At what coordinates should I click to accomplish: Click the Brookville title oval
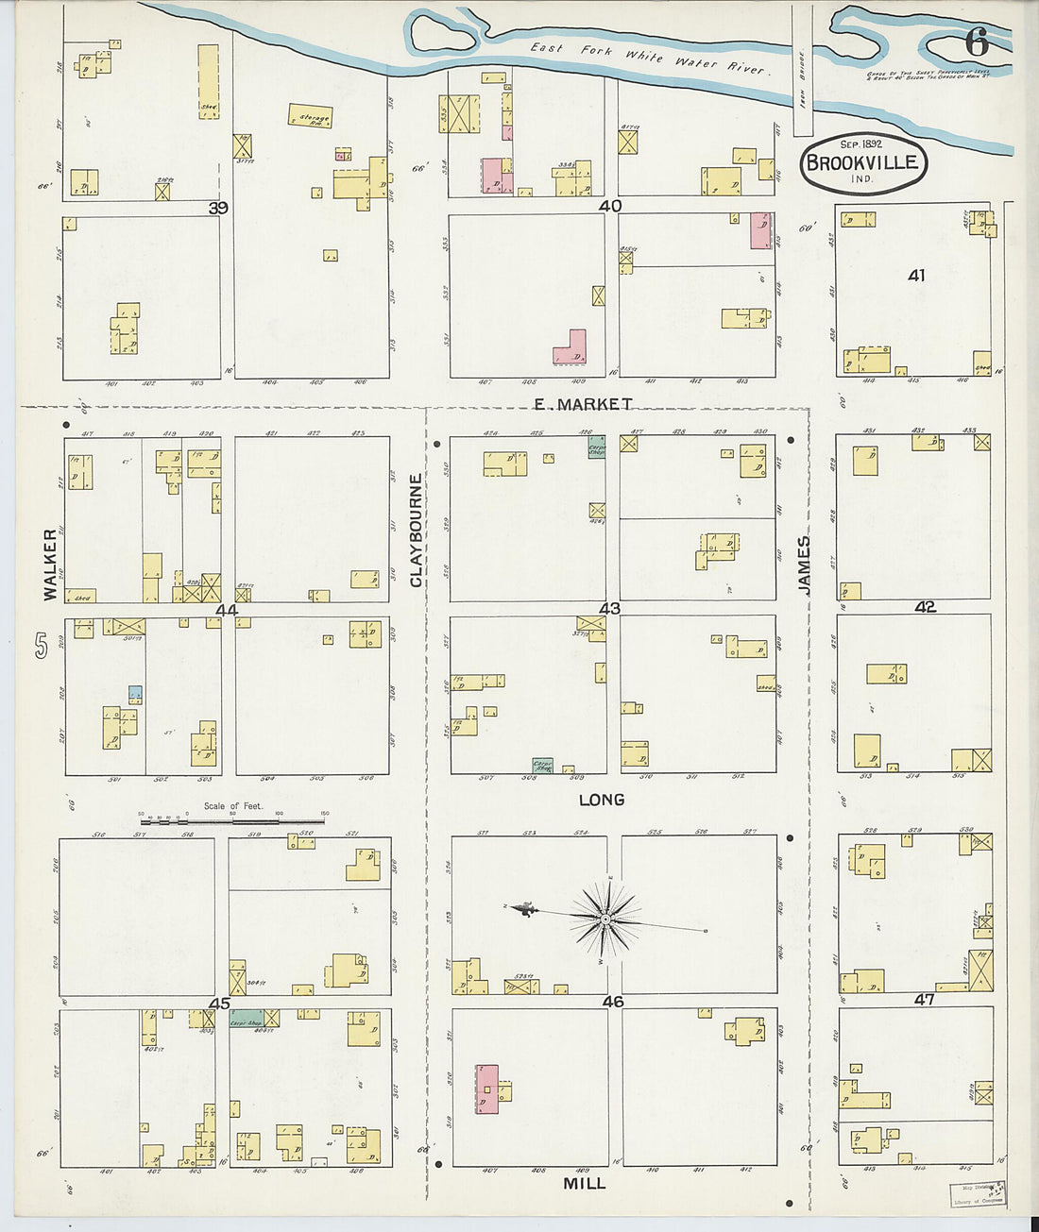point(861,162)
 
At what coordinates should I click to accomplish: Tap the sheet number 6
point(977,42)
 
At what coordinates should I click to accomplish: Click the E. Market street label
point(583,404)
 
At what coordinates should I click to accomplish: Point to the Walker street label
point(49,565)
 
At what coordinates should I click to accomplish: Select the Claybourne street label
point(417,531)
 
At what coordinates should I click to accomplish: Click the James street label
point(804,565)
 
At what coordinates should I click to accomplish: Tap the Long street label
point(602,800)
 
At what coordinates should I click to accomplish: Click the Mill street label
point(584,1183)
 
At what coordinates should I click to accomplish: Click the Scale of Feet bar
point(231,821)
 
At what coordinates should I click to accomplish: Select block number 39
point(218,208)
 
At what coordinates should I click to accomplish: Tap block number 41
point(915,276)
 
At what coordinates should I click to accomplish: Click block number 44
point(227,610)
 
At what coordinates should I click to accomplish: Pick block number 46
point(613,1002)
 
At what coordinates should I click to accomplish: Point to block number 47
point(924,999)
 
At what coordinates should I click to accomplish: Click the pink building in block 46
point(487,1089)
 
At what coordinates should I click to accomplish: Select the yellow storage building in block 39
point(310,116)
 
